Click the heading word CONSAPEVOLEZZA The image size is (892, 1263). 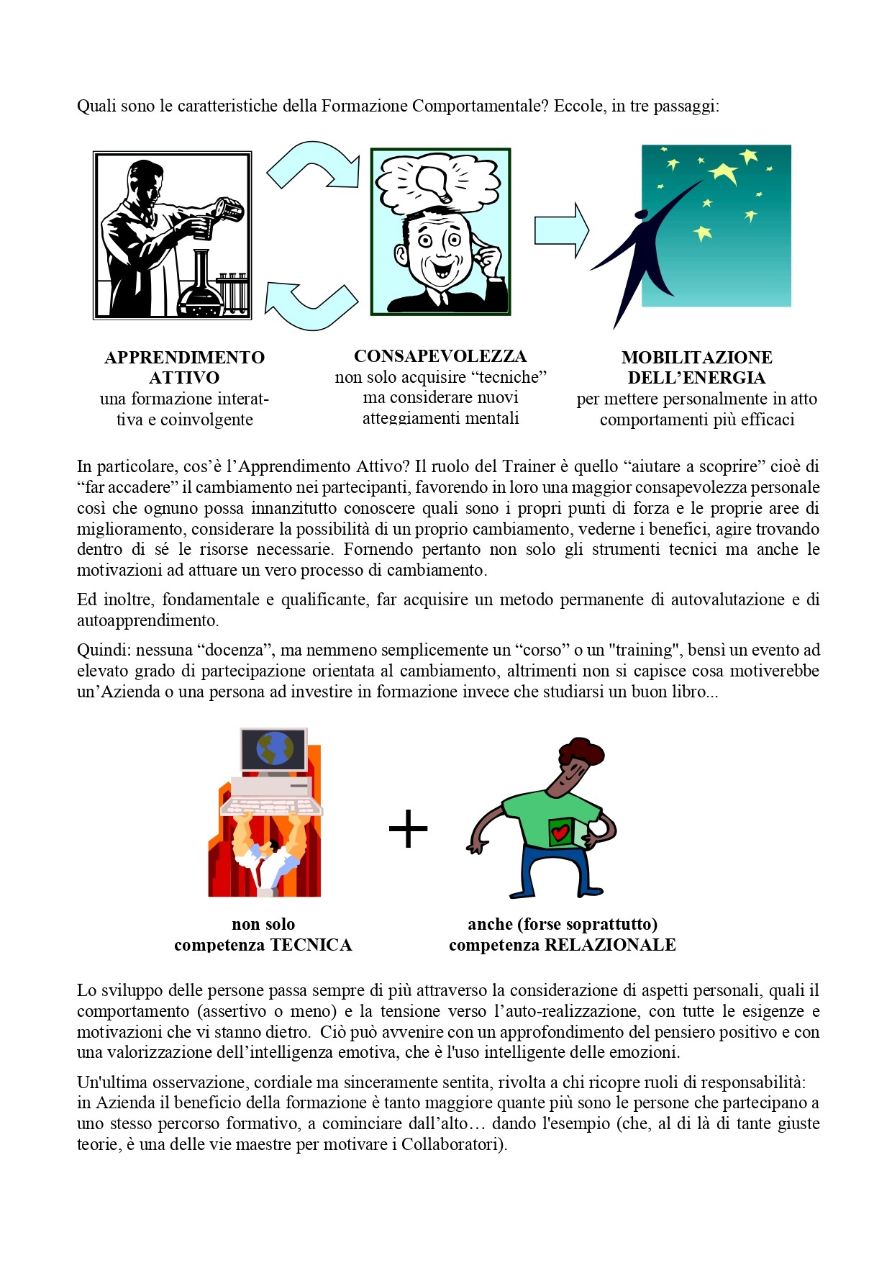click(x=440, y=356)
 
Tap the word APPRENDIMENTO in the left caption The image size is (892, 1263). click(x=184, y=358)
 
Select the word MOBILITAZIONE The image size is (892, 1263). click(x=696, y=358)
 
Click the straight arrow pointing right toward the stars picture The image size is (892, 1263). click(x=560, y=230)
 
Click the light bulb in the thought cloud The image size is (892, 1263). click(x=434, y=180)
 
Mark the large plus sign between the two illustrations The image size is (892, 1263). click(x=408, y=829)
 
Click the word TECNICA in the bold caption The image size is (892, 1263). click(x=311, y=945)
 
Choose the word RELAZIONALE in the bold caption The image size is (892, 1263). click(x=610, y=945)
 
